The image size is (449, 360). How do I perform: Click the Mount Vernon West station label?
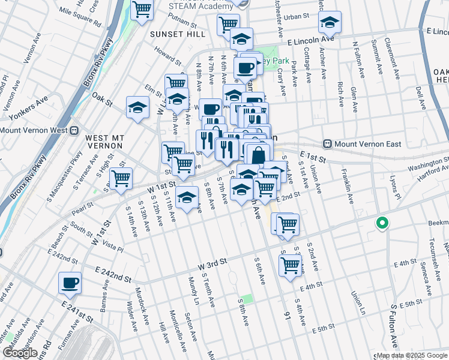pyautogui.click(x=34, y=130)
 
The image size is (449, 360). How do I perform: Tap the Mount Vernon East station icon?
pyautogui.click(x=328, y=143)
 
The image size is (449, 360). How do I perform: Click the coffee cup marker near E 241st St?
pyautogui.click(x=70, y=281)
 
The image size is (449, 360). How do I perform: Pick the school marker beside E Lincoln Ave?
pyautogui.click(x=330, y=23)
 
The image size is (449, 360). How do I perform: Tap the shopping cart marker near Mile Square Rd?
pyautogui.click(x=142, y=10)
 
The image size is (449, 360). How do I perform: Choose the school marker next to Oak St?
pyautogui.click(x=137, y=108)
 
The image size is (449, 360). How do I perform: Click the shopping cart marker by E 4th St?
pyautogui.click(x=291, y=265)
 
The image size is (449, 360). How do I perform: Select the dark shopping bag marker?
pyautogui.click(x=258, y=155)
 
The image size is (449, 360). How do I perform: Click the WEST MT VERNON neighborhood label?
pyautogui.click(x=104, y=142)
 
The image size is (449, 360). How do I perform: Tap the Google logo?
pyautogui.click(x=20, y=353)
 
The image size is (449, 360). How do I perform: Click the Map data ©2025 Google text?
pyautogui.click(x=412, y=355)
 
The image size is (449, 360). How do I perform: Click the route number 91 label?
pyautogui.click(x=287, y=313)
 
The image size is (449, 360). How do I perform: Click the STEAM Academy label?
pyautogui.click(x=200, y=6)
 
